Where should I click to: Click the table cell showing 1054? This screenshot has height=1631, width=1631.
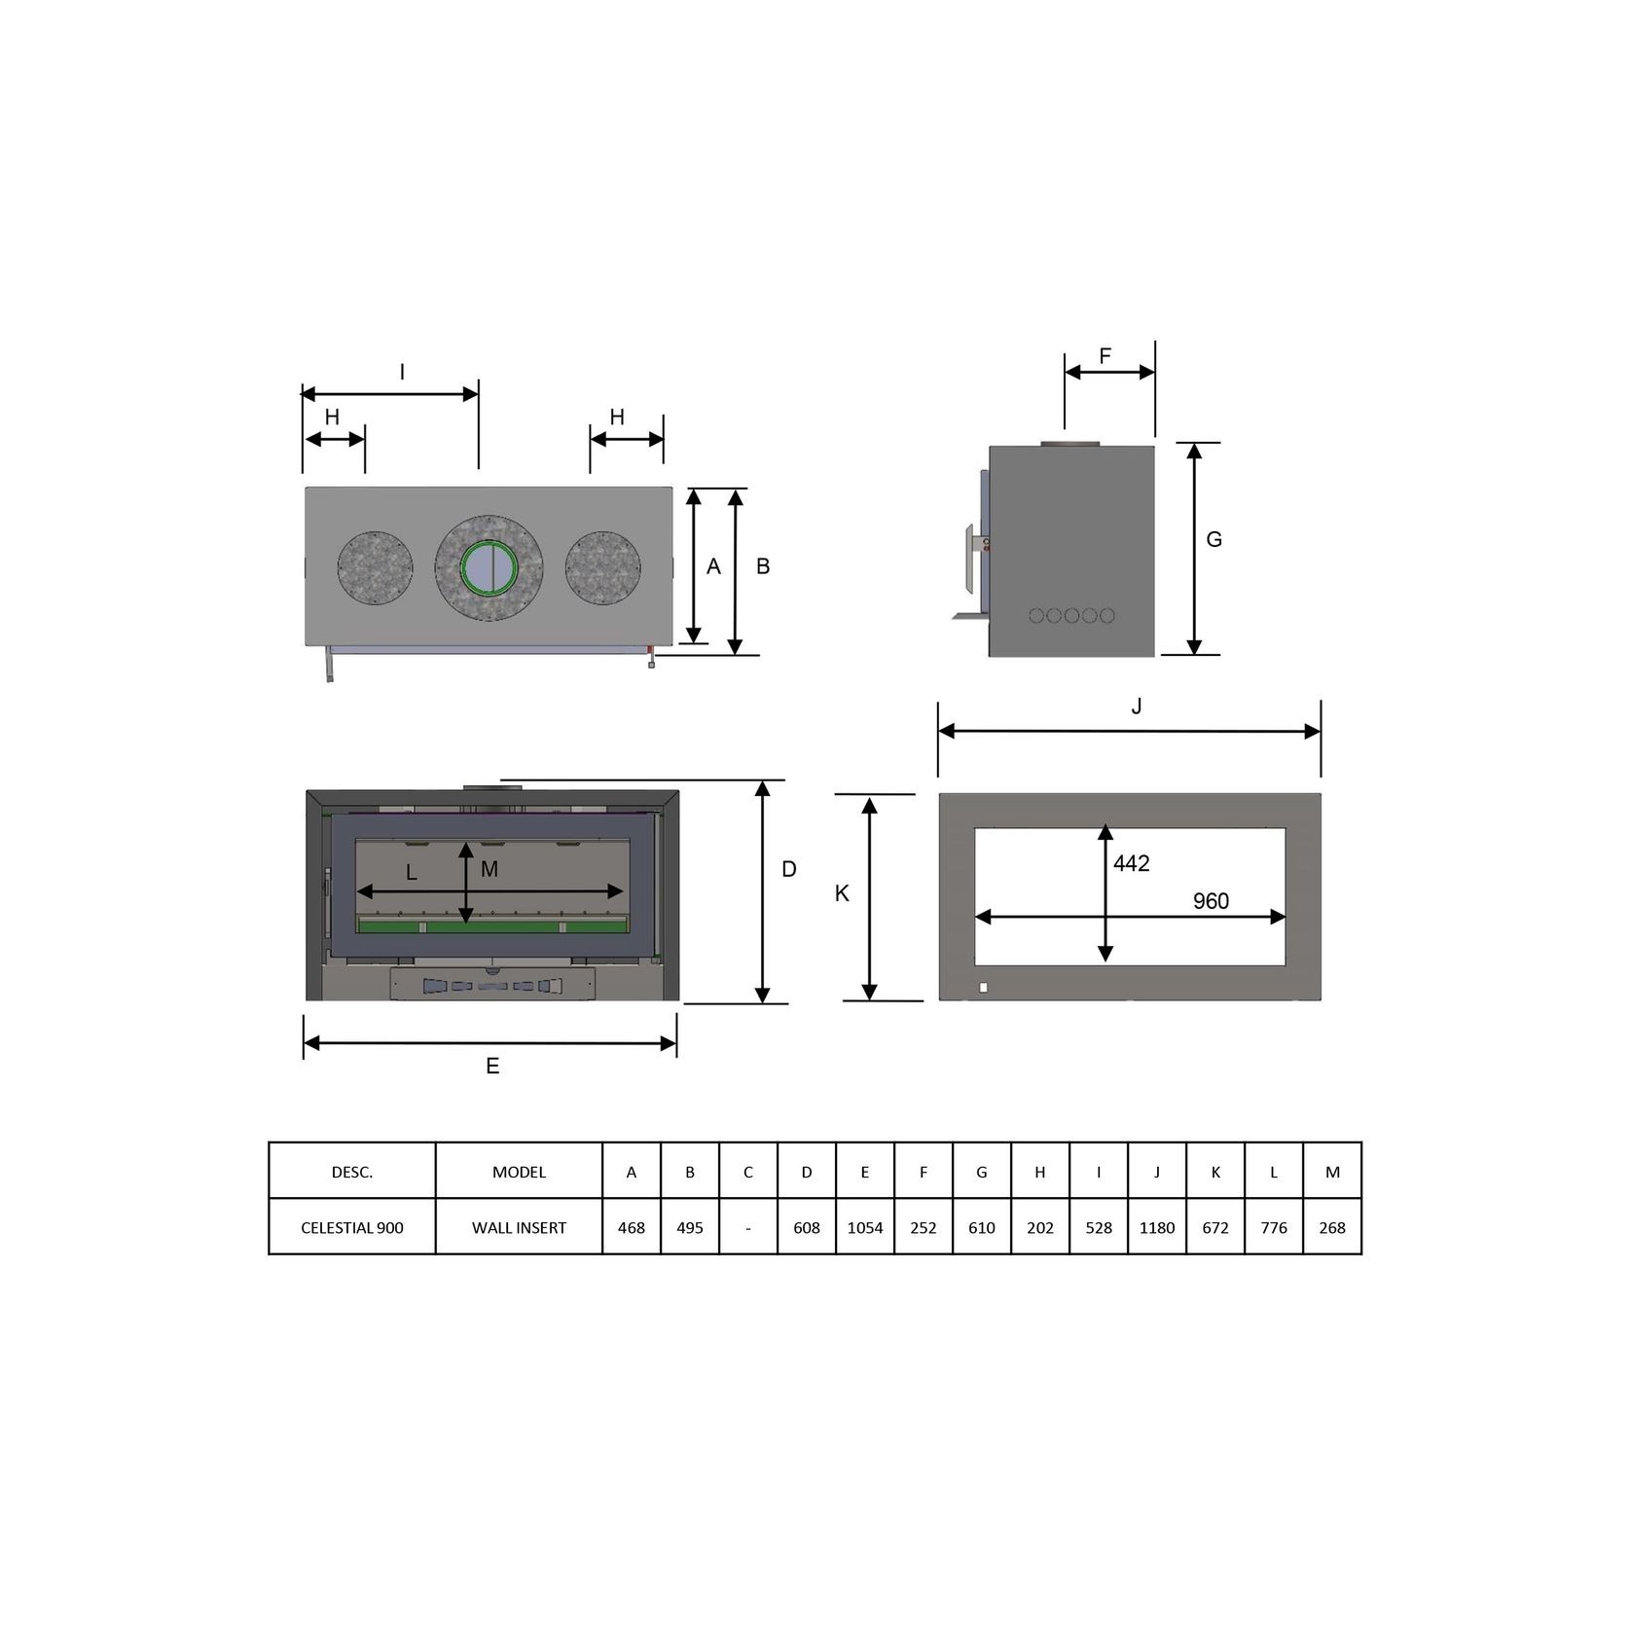864,1227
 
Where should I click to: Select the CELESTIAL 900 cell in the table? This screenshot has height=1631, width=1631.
352,1227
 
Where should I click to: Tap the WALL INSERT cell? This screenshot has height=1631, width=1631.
519,1227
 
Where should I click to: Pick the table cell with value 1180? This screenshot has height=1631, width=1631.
1157,1227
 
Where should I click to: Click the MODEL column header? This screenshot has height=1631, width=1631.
519,1172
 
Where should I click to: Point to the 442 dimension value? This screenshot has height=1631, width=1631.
1132,863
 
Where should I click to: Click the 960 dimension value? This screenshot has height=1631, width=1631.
1211,901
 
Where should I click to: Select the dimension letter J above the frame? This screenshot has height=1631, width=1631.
1137,707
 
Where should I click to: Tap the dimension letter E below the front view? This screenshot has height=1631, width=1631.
492,1067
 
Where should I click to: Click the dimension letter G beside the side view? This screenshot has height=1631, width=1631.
1214,539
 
